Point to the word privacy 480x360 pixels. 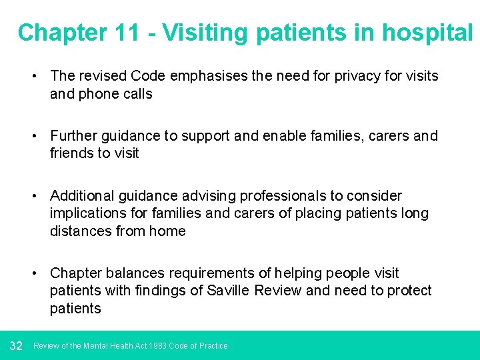coord(349,76)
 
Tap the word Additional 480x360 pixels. coord(81,196)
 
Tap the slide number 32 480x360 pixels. coord(17,346)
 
